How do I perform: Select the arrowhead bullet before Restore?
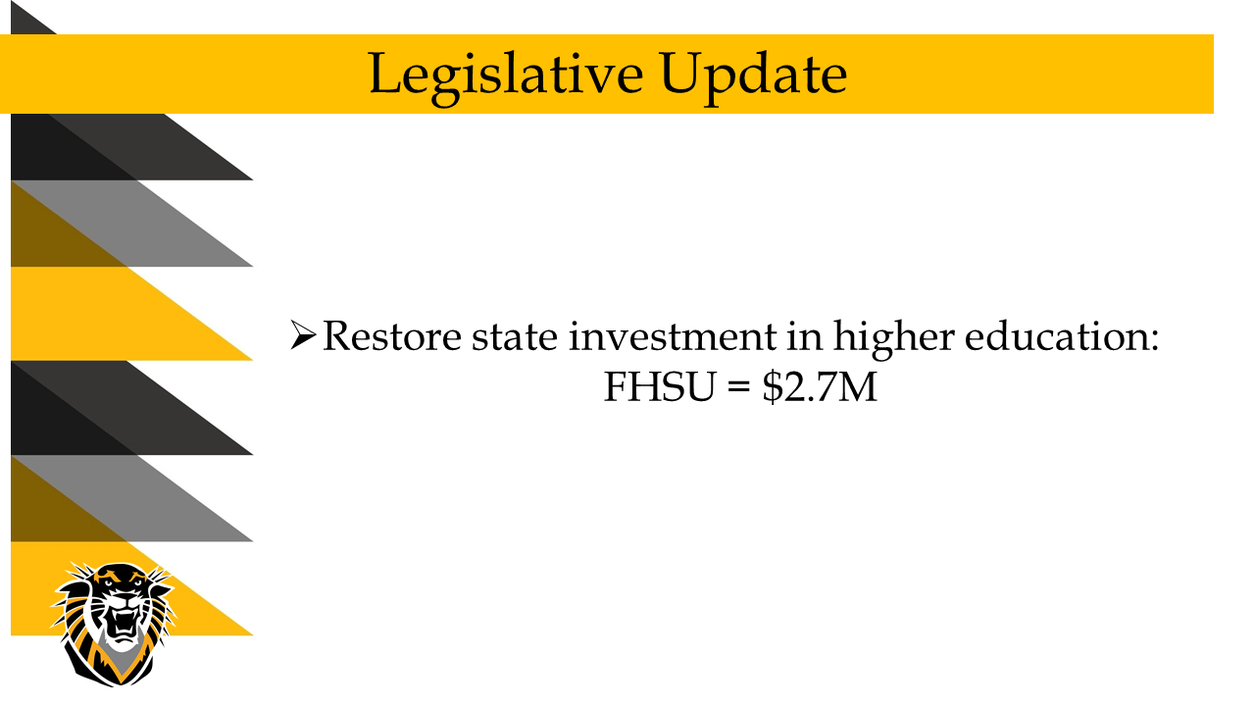tap(303, 335)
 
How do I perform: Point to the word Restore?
tap(391, 336)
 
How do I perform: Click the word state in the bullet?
tap(515, 337)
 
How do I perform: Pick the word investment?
tap(673, 336)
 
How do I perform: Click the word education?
tap(1055, 335)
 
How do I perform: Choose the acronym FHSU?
tap(660, 386)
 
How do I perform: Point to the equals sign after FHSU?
tap(739, 387)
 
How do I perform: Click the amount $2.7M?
tap(820, 386)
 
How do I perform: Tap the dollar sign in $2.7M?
tap(772, 386)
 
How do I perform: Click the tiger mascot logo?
tap(114, 625)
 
